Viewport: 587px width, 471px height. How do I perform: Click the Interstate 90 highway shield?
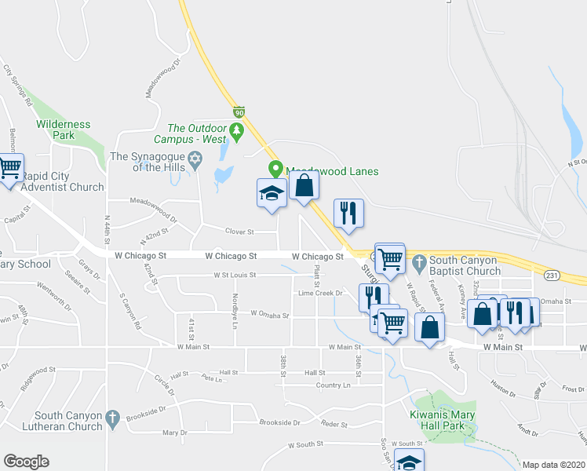click(238, 112)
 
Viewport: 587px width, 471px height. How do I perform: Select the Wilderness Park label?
click(64, 130)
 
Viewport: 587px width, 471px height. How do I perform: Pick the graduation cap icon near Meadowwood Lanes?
click(271, 193)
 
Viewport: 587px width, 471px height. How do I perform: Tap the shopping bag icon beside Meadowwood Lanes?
click(304, 186)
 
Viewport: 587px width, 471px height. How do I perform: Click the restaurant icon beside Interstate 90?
click(347, 212)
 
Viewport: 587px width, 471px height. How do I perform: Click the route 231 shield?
click(550, 275)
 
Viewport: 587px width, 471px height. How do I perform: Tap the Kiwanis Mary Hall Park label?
click(443, 421)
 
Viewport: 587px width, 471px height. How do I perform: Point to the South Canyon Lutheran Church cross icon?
click(113, 416)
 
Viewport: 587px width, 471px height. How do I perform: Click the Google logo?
click(26, 462)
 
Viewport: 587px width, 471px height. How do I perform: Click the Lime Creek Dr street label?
click(321, 293)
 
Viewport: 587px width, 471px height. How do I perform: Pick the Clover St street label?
click(239, 232)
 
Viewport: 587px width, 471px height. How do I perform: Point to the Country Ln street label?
click(333, 385)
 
